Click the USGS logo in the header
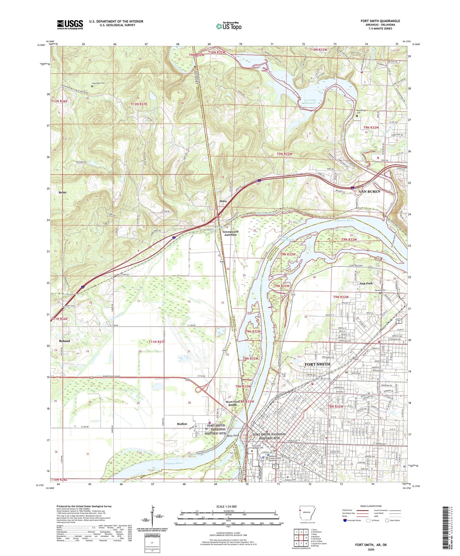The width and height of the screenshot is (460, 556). [70, 25]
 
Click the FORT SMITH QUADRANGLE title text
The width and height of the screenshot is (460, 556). [380, 21]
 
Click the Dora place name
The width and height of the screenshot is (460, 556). [223, 201]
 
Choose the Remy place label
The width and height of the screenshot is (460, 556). [63, 192]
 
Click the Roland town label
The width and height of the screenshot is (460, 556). [64, 341]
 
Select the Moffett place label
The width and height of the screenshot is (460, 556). [182, 424]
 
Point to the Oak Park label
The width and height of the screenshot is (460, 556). [366, 283]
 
